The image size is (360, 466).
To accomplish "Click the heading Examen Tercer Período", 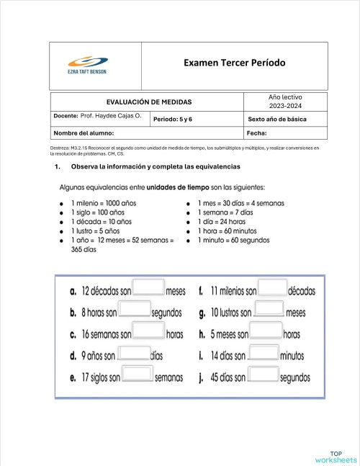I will (234, 63).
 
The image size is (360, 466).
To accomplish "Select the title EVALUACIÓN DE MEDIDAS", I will (149, 102).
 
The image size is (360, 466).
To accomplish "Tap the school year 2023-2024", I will (286, 106).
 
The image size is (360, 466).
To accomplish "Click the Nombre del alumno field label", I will (84, 133).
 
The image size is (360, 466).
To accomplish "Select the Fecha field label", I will (257, 133).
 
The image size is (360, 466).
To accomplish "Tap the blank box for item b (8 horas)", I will (135, 310).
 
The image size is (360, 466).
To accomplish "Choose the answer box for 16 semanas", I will (149, 332).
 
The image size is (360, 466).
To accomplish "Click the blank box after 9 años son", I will (134, 354).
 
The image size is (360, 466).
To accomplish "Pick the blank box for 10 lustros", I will (269, 310).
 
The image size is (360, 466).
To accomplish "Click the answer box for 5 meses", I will (266, 332).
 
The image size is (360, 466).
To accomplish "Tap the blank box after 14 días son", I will (264, 354).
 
